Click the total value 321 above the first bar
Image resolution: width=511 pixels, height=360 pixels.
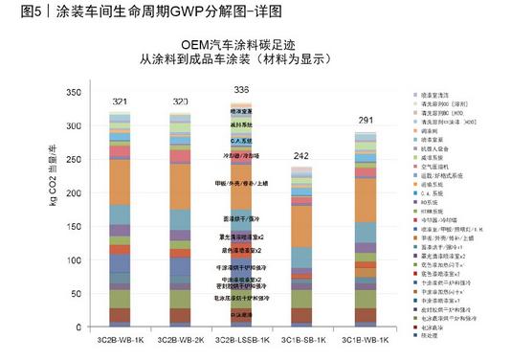(x=120, y=101)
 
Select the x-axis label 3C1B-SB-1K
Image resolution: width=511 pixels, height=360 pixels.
(x=302, y=340)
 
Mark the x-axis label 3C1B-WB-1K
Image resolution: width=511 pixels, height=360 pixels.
(x=363, y=340)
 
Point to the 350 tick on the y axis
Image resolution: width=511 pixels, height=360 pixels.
(x=73, y=92)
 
